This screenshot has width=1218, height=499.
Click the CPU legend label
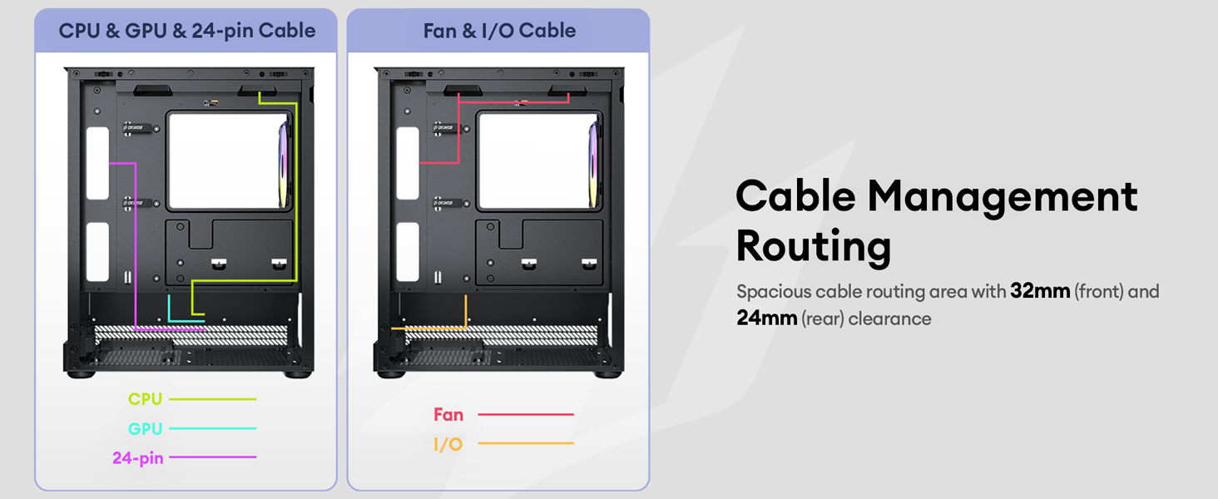[x=145, y=399]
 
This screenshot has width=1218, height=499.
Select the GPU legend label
[x=145, y=428]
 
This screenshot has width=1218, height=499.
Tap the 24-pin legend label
[x=137, y=457]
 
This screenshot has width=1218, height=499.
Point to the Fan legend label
[x=448, y=415]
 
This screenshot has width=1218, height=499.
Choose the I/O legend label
[x=448, y=444]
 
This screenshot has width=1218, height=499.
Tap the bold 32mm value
[x=1040, y=291]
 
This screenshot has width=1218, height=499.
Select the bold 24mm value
[x=767, y=318]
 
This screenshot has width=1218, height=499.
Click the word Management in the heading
[x=1003, y=197]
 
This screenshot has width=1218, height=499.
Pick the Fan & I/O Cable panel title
[x=499, y=31]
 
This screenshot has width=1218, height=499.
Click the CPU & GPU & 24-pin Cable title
[x=187, y=31]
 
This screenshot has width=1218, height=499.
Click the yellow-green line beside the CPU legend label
[x=213, y=399]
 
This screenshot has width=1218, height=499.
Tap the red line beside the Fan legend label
[x=526, y=414]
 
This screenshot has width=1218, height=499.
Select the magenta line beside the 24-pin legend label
[x=213, y=457]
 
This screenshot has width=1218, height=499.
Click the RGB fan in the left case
[x=284, y=165]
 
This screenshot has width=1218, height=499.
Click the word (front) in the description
[x=1098, y=292]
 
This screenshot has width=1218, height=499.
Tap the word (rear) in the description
[x=823, y=319]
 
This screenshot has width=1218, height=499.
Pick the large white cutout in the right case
[x=537, y=161]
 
